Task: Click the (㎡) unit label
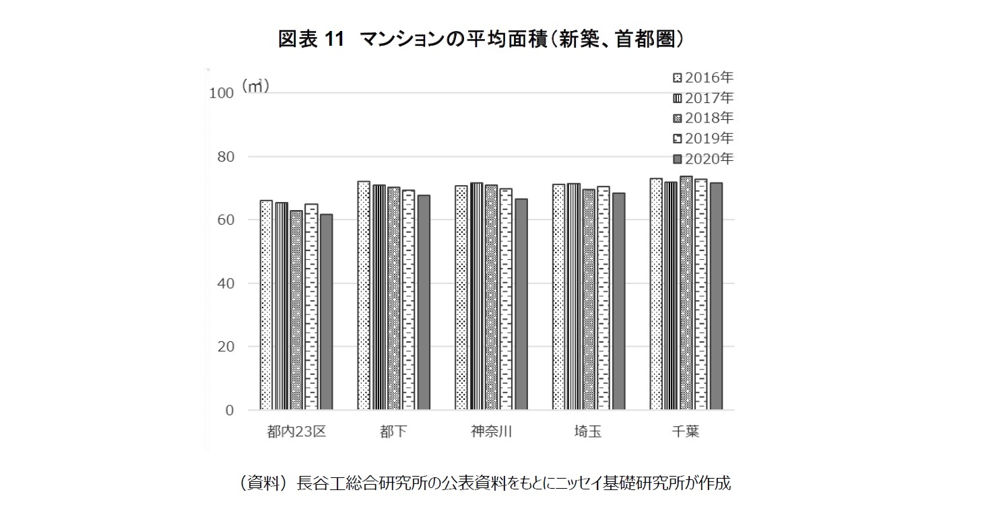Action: pyautogui.click(x=256, y=86)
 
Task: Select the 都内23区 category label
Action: pyautogui.click(x=296, y=432)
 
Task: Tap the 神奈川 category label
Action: pyautogui.click(x=491, y=432)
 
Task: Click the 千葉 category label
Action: pyautogui.click(x=686, y=432)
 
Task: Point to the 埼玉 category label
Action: pyautogui.click(x=588, y=432)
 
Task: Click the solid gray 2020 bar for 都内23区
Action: pyautogui.click(x=326, y=312)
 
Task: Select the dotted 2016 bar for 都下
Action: pyautogui.click(x=364, y=296)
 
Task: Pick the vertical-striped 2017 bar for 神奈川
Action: pyautogui.click(x=476, y=296)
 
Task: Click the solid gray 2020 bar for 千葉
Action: pyautogui.click(x=716, y=296)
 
